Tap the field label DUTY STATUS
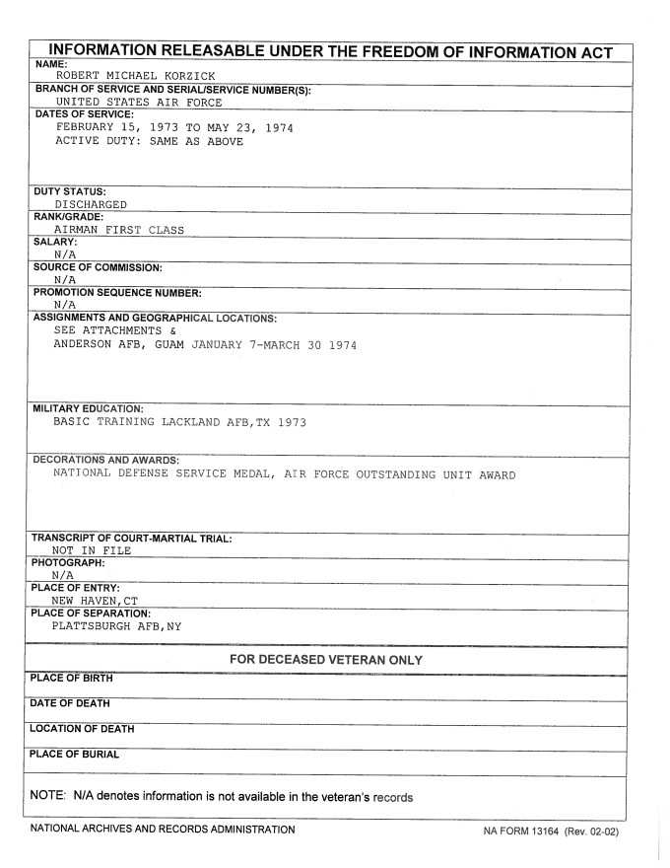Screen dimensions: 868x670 tap(69, 191)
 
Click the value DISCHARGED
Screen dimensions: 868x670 tap(91, 204)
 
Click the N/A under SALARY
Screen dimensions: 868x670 tap(66, 254)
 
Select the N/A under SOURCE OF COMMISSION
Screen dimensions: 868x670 tap(66, 279)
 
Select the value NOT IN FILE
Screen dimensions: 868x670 tap(92, 550)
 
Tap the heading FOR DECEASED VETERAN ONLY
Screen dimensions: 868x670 tap(326, 659)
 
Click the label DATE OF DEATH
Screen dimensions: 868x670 tap(71, 703)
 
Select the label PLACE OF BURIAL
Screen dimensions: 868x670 tap(76, 755)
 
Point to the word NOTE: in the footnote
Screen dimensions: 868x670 tap(47, 797)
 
